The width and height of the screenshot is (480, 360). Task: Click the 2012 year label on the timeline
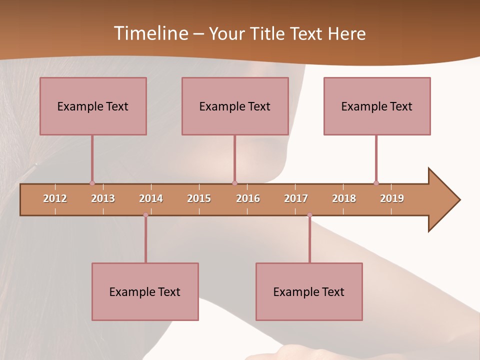[x=55, y=198]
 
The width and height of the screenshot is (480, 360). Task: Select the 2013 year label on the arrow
[x=103, y=198]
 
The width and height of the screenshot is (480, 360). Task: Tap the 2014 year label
[x=151, y=198]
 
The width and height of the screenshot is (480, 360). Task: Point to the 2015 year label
[x=199, y=198]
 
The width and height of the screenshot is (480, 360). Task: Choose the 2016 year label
[x=248, y=198]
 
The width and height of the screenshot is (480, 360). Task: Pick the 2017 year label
[x=296, y=198]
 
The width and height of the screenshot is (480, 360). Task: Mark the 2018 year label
[x=344, y=198]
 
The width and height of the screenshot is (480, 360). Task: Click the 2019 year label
[x=392, y=198]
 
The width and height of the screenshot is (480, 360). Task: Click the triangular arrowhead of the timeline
[x=442, y=200]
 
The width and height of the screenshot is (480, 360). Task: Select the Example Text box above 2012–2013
[x=93, y=106]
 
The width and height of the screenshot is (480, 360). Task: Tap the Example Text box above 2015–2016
[x=235, y=106]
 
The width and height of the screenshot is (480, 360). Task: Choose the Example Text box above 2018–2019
[x=377, y=106]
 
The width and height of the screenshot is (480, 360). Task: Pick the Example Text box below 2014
[x=145, y=291]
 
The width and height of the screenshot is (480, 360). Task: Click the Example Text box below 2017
[x=309, y=291]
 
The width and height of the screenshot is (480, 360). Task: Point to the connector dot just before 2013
[x=92, y=183]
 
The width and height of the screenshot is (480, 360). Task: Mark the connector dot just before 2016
[x=234, y=183]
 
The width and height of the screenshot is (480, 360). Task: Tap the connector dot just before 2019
[x=376, y=183]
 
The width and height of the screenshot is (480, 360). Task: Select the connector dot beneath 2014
[x=145, y=215]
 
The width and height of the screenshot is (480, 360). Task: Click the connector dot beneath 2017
[x=309, y=215]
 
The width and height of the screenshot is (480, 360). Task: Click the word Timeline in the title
[x=150, y=33]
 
